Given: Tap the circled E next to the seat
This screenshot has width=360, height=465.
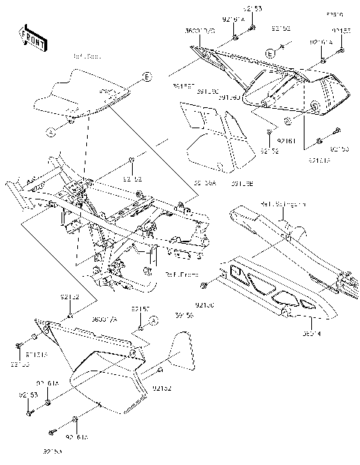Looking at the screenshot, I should (x=146, y=77).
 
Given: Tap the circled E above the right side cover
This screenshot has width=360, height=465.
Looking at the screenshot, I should (x=268, y=53).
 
